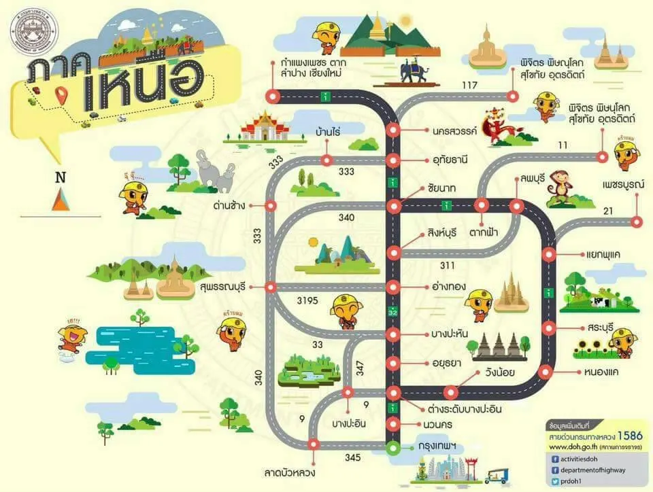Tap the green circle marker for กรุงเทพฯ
coord(392,448)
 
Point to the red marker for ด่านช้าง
coord(270,205)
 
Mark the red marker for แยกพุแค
coord(550,256)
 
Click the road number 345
coord(352,457)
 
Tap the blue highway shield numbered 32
coord(392,312)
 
